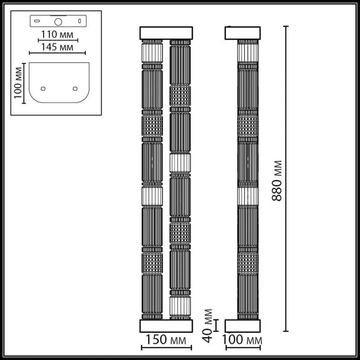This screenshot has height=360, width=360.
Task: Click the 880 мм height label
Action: pos(279,180)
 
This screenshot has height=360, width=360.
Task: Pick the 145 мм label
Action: pos(57,46)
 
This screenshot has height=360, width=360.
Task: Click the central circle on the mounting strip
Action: pos(58,21)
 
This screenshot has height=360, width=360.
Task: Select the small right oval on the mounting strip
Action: pos(79,21)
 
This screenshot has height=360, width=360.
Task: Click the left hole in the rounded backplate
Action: pos(44,88)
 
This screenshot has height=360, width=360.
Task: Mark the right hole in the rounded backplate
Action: pos(75,88)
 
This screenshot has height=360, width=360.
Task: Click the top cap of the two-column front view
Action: pos(166,33)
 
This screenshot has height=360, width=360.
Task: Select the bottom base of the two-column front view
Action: pos(166,326)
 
